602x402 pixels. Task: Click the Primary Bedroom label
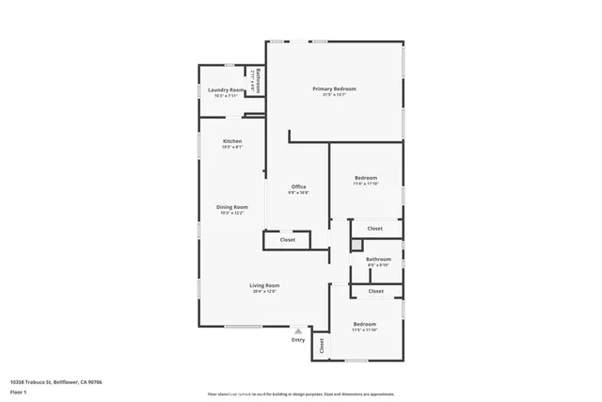click(x=334, y=88)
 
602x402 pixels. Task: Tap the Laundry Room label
click(x=227, y=89)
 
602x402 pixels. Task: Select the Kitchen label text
click(x=232, y=141)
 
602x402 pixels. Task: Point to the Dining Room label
click(x=232, y=207)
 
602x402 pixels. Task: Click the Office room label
click(x=298, y=186)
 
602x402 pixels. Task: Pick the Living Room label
click(x=264, y=285)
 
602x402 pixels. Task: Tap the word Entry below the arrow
click(x=298, y=340)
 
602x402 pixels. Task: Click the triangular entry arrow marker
click(x=298, y=330)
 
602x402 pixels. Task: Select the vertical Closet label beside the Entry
click(x=321, y=346)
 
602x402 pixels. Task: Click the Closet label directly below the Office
click(x=287, y=240)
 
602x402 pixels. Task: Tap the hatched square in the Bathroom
click(x=356, y=245)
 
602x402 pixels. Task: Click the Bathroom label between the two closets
click(x=378, y=259)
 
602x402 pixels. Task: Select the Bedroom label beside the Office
click(x=366, y=178)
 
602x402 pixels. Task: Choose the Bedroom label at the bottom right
click(x=364, y=324)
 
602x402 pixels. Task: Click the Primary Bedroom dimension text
click(x=334, y=95)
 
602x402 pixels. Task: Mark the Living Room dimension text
click(x=264, y=292)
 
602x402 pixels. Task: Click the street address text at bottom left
click(x=55, y=382)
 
